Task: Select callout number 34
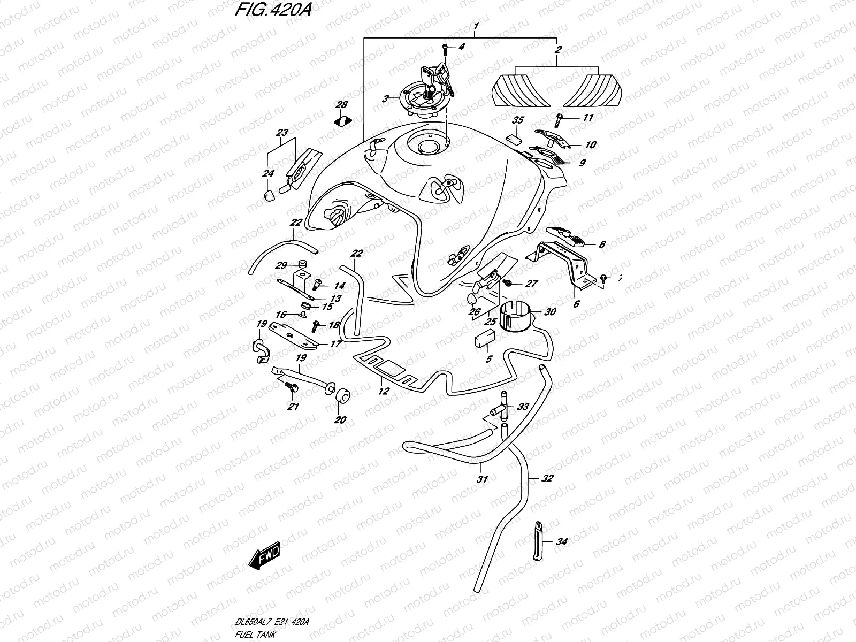(x=561, y=542)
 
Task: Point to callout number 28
(x=341, y=105)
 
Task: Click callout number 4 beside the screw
(x=461, y=47)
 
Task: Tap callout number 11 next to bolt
(x=588, y=118)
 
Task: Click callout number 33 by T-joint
(x=523, y=407)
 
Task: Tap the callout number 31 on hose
(x=482, y=479)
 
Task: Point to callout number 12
(x=383, y=391)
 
